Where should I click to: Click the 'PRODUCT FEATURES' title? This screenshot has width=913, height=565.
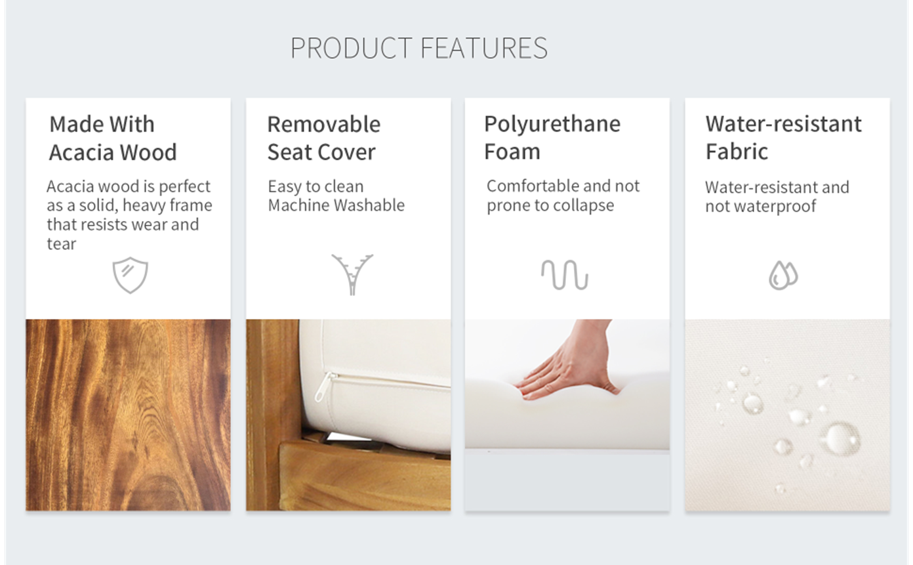419,48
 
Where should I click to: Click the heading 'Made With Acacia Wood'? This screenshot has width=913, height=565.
113,138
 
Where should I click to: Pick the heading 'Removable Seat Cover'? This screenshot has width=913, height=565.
323,138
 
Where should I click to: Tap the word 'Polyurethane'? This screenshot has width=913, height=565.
552,125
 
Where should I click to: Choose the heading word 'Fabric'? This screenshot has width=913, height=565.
737,152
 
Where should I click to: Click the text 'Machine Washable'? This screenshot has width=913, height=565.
336,205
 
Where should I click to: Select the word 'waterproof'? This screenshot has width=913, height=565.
775,206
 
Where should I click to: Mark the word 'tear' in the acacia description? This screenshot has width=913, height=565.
61,243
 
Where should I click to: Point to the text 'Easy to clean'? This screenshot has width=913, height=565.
315,187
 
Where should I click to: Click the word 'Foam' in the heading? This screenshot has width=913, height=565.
512,152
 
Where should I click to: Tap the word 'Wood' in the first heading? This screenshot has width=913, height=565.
148,152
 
